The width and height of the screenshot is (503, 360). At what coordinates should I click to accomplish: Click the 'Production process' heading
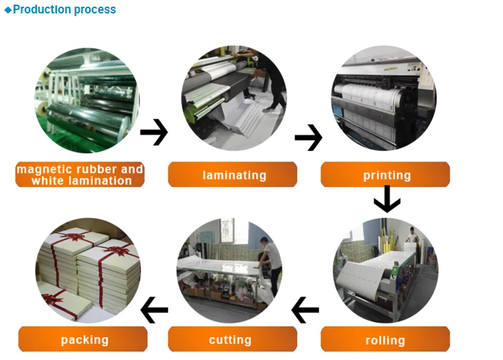click(x=64, y=9)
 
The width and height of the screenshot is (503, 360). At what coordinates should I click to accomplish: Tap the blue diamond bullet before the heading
click(x=8, y=10)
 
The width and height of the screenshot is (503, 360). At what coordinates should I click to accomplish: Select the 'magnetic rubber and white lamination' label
click(x=80, y=175)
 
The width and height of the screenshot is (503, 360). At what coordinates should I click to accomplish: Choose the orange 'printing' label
click(x=386, y=175)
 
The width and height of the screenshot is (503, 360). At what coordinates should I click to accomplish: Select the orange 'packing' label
click(x=84, y=340)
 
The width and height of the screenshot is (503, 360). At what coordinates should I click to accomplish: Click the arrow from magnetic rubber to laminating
click(x=154, y=132)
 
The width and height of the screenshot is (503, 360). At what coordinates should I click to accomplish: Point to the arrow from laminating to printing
click(x=309, y=137)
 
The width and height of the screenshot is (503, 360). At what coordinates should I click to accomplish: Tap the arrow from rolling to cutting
click(x=305, y=310)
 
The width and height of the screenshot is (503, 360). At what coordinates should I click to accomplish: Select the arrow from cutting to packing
click(x=154, y=310)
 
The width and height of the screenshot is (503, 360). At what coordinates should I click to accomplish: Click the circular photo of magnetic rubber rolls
click(x=87, y=101)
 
